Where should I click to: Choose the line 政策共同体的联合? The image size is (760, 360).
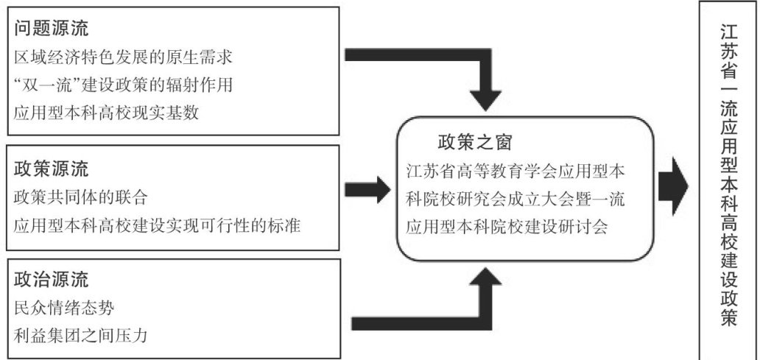pyautogui.click(x=81, y=197)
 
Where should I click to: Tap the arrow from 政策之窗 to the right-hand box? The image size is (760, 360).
pyautogui.click(x=671, y=185)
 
